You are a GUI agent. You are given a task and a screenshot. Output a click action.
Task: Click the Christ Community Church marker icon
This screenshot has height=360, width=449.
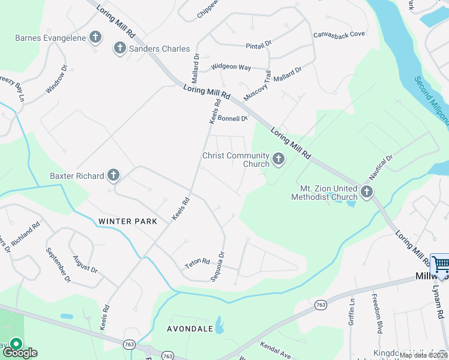coord(278,159)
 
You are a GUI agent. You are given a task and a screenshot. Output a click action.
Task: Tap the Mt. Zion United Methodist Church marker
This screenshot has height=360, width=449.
coord(367,192)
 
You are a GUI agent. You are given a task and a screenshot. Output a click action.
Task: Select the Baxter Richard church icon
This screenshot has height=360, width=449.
coord(113,176)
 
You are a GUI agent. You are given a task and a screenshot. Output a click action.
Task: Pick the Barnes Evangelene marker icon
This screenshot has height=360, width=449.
coord(95,38)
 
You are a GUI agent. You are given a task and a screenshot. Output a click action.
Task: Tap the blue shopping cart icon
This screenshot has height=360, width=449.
coord(440,263)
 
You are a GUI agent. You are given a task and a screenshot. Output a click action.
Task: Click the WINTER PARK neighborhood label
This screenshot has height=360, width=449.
coord(128,221)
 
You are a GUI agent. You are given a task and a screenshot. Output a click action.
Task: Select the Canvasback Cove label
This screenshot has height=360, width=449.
coord(339,34)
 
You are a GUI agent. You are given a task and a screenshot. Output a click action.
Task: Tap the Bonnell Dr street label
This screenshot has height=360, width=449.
coord(232,119)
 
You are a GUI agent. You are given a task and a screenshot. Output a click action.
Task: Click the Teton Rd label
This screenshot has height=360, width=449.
coord(197,262)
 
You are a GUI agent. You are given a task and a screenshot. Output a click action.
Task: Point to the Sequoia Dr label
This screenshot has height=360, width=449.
coord(217,266)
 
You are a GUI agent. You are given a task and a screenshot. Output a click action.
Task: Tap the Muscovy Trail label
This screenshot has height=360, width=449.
coord(257,86)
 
